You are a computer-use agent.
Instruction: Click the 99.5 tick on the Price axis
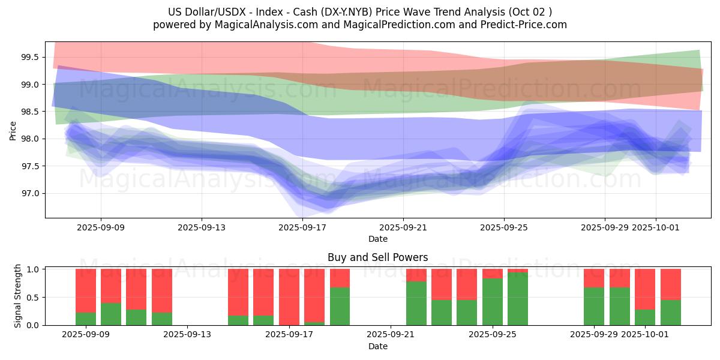30,58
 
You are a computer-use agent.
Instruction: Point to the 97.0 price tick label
30,193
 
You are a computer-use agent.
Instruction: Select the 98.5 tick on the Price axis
30,112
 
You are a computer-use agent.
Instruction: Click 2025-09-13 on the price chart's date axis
201,227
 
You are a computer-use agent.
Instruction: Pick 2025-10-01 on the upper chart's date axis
655,227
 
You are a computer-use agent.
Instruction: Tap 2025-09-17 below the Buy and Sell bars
289,335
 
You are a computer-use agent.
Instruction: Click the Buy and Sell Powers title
377,257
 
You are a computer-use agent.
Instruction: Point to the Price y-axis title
13,130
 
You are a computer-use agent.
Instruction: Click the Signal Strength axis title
18,296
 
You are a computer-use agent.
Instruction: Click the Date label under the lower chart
377,346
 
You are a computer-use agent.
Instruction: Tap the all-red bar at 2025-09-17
289,297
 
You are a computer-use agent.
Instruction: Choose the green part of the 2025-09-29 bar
594,307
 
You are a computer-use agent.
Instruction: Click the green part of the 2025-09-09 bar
86,319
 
